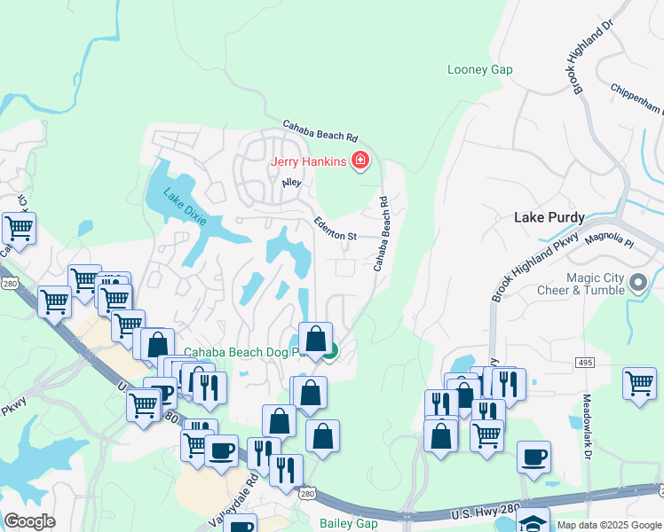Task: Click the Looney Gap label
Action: point(480,69)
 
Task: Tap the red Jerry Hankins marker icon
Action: point(360,160)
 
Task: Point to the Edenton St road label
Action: point(334,230)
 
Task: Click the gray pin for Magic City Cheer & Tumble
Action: point(638,284)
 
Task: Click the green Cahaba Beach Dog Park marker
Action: point(330,352)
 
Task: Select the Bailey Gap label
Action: point(349,524)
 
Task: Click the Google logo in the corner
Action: point(29,520)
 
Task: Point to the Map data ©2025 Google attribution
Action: point(609,525)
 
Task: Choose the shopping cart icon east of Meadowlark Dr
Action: point(639,384)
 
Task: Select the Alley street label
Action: point(291,183)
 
